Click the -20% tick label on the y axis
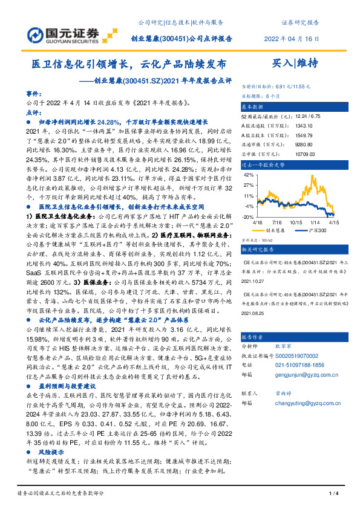point(247,216)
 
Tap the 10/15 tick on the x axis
point(296,222)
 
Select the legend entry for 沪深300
point(316,230)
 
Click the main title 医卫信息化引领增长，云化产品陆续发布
point(129,63)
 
